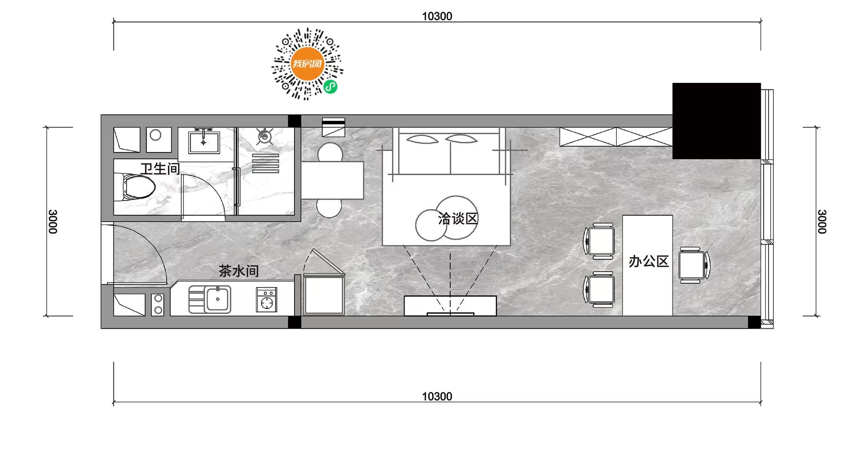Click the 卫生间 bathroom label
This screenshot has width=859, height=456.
point(160,169)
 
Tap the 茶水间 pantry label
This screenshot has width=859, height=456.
point(238,271)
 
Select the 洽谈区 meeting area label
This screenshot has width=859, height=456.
point(458,219)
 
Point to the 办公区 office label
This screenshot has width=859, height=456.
point(648,261)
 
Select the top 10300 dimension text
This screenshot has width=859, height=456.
point(437,16)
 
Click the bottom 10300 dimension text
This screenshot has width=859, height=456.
point(437,396)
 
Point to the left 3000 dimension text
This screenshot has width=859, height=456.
point(53,222)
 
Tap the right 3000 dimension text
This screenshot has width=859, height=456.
point(821,222)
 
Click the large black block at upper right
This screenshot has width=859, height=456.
point(716,121)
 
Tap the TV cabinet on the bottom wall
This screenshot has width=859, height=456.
point(450,306)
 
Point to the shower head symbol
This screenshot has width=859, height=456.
point(265,136)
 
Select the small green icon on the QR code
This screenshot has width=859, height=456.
point(330,87)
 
